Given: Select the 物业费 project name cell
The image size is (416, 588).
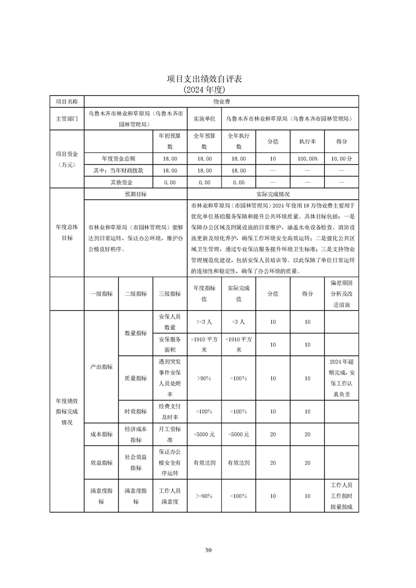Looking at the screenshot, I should [222, 101].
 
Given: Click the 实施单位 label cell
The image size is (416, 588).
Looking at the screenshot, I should [204, 118].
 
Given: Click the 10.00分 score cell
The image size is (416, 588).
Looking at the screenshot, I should [342, 158].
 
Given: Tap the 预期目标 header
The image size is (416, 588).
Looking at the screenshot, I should [135, 194].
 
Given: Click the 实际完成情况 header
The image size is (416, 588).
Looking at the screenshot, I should [273, 194].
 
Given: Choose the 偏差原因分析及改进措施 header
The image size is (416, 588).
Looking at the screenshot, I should [342, 294].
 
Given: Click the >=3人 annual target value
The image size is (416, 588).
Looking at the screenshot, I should [204, 322].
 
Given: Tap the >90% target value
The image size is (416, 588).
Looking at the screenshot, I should [204, 378].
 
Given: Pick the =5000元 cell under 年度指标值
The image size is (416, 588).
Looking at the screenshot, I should [204, 434].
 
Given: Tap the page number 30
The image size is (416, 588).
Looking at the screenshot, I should [208, 550].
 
